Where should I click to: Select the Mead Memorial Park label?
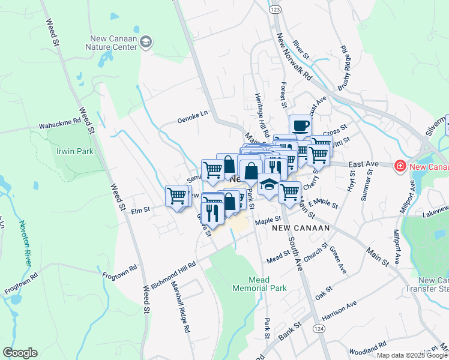click(259, 284)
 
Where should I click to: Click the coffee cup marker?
click(301, 126)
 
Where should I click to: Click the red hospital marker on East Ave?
click(399, 165)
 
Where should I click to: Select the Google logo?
click(20, 353)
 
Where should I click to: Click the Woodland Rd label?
click(366, 349)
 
